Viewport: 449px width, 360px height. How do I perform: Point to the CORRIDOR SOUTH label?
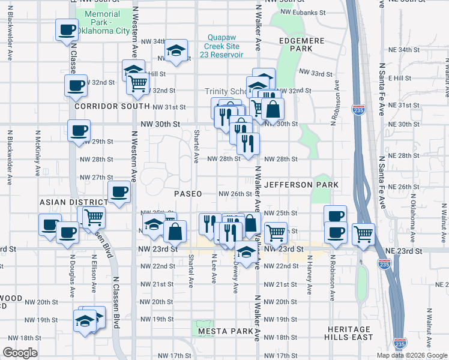coord(112,106)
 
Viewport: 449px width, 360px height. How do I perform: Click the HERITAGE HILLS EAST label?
coord(349,334)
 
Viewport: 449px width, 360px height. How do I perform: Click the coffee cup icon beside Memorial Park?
coord(67,29)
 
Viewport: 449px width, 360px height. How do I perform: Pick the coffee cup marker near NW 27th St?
coord(118,191)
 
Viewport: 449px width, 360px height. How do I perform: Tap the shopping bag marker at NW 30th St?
coord(273,109)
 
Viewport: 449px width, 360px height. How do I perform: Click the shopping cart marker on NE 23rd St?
coord(363,233)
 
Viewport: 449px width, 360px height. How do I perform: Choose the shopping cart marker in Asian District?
coord(93,217)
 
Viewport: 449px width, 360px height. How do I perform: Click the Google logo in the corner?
coord(20,353)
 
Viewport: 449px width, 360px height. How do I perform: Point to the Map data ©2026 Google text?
coord(412,355)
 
